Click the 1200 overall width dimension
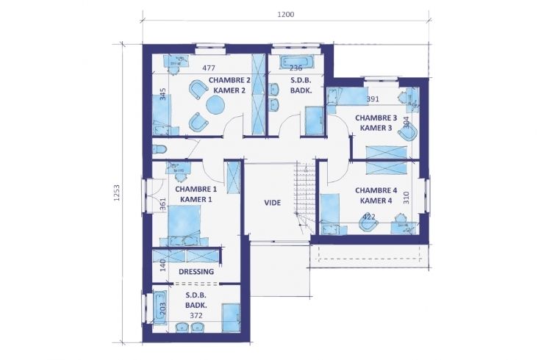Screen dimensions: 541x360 point(286,15)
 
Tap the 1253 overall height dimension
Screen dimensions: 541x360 point(117,193)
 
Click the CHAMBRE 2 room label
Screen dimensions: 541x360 point(229,80)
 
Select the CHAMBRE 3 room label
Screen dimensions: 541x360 point(376,118)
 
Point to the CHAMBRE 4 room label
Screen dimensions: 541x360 point(376,190)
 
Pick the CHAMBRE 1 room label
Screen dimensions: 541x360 point(196,190)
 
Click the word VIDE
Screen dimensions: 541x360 point(273,203)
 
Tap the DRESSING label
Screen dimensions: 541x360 point(196,272)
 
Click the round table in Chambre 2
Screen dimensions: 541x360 point(215,104)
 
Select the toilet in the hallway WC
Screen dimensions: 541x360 point(160,149)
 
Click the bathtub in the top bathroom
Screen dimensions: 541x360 point(297,62)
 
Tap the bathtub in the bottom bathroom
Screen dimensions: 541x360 point(160,308)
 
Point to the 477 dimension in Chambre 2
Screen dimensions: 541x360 point(209,68)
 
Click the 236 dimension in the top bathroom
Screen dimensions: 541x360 point(296,68)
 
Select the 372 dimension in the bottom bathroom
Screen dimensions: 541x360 point(196,315)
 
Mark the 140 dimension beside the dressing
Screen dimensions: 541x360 point(163,265)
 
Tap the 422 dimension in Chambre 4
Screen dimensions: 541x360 point(369,217)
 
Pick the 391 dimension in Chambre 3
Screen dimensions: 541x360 point(373,99)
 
